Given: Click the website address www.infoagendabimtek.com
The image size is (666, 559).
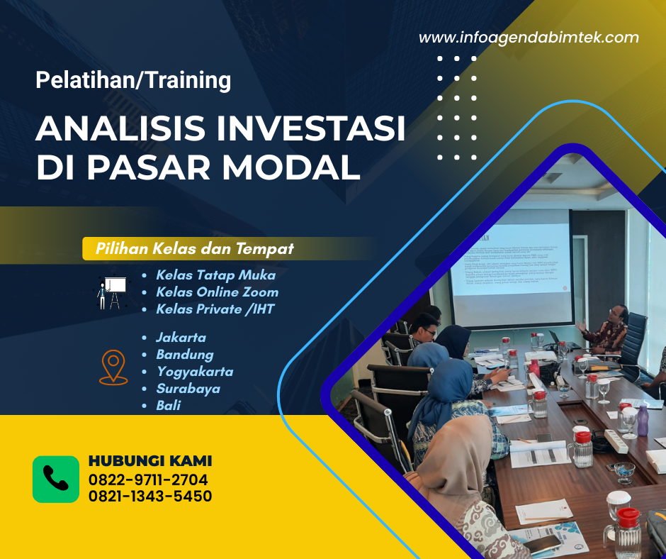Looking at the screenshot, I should (529, 38).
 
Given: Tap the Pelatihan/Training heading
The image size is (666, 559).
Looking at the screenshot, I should (133, 80).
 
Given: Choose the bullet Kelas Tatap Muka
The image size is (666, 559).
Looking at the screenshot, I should (215, 275).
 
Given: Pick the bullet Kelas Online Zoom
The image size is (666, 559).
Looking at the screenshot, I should (217, 292).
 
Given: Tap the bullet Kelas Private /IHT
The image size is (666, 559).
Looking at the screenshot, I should (215, 309).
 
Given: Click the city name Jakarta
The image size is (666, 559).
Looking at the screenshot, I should (181, 337).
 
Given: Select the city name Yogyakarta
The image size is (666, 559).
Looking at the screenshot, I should (194, 371).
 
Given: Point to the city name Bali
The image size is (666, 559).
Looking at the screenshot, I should (168, 405).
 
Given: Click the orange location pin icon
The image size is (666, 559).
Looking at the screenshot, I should (112, 367).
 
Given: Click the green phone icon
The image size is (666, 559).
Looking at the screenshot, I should (56, 479).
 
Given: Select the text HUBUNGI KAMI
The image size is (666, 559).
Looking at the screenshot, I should (149, 461).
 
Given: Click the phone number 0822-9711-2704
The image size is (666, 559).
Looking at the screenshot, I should (148, 479).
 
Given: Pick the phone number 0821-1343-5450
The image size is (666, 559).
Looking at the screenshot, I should (149, 496).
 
